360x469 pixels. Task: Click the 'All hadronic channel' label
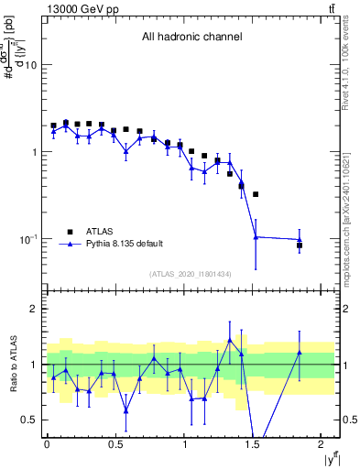pyautogui.click(x=191, y=38)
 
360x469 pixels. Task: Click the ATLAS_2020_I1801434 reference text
pyautogui.click(x=191, y=275)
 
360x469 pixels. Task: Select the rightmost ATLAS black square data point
pyautogui.click(x=300, y=245)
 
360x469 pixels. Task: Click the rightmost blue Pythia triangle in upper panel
pyautogui.click(x=300, y=240)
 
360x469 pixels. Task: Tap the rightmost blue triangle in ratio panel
pyautogui.click(x=300, y=353)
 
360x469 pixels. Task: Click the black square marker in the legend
pyautogui.click(x=70, y=232)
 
